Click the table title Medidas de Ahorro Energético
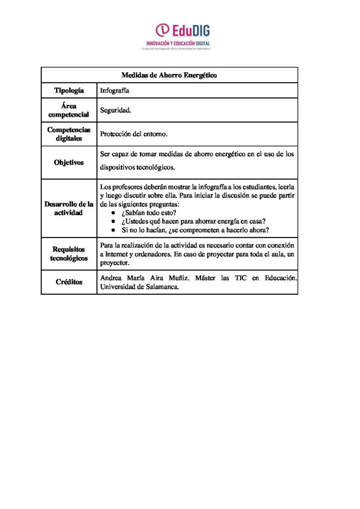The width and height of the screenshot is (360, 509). (x=169, y=75)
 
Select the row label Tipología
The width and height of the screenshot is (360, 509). (x=69, y=90)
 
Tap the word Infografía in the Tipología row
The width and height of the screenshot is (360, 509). (x=115, y=90)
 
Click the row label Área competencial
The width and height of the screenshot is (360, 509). (x=69, y=110)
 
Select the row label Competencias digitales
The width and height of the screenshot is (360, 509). (x=69, y=134)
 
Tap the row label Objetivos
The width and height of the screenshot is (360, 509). (x=69, y=163)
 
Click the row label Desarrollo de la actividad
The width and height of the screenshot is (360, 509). (x=69, y=208)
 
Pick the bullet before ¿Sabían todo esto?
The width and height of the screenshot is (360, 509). (x=113, y=213)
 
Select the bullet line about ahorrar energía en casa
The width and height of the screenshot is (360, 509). (x=193, y=222)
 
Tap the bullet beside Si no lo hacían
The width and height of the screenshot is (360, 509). (x=113, y=231)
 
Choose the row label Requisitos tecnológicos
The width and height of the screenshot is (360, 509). (x=69, y=254)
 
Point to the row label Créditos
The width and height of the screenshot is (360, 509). (x=69, y=282)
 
